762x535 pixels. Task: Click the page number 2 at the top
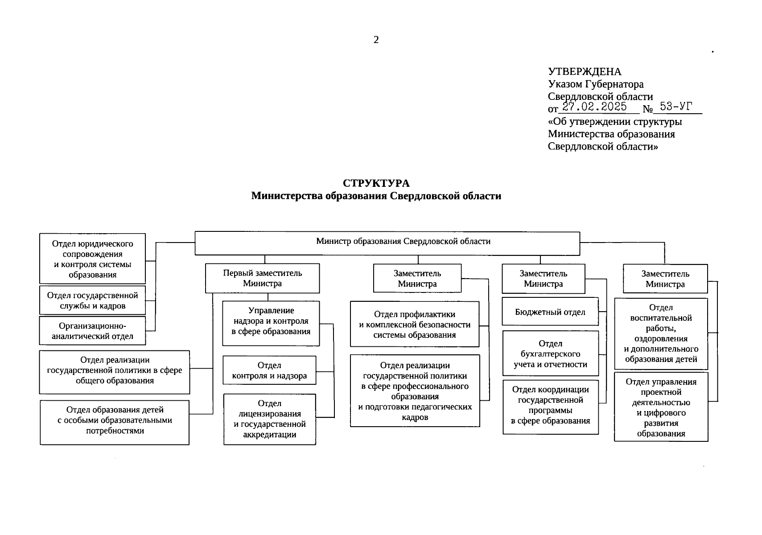(x=376, y=40)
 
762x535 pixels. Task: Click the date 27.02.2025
(x=594, y=107)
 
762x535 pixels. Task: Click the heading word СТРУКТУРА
(x=376, y=183)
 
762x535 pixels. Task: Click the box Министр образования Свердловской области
(x=387, y=243)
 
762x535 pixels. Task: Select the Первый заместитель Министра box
(x=262, y=278)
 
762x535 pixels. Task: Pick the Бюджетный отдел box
(x=550, y=312)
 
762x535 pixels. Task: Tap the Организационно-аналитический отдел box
(x=92, y=331)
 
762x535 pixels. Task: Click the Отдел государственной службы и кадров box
(x=92, y=300)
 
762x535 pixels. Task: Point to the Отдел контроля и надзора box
(x=269, y=370)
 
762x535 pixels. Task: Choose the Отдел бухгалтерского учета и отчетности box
(x=550, y=354)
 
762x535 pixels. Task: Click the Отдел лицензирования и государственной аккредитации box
(x=269, y=419)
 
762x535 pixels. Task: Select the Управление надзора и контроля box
(x=271, y=323)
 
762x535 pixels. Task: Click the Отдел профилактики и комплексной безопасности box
(x=414, y=324)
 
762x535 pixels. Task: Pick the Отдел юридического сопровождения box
(x=92, y=259)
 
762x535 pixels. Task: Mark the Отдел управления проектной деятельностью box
(x=661, y=407)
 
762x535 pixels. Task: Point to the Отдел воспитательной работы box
(x=661, y=333)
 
